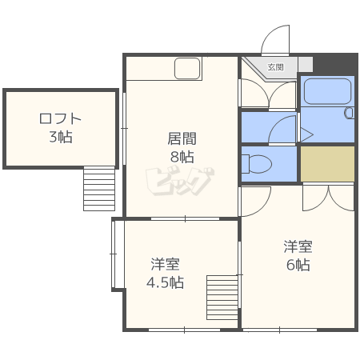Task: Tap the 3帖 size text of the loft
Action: click(x=60, y=137)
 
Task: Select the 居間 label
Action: click(x=182, y=138)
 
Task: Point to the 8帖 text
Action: click(x=182, y=156)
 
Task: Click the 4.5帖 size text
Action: click(x=166, y=282)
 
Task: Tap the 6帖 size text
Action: click(x=297, y=265)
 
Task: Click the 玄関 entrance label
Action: click(x=275, y=66)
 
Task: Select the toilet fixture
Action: click(x=255, y=164)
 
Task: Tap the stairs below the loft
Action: click(x=99, y=187)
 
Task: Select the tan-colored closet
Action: click(x=326, y=164)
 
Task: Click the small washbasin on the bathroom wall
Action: click(x=349, y=113)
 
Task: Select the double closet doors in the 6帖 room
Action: click(x=328, y=196)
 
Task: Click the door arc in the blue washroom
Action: click(x=282, y=130)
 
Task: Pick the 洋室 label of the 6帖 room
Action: click(x=297, y=247)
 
